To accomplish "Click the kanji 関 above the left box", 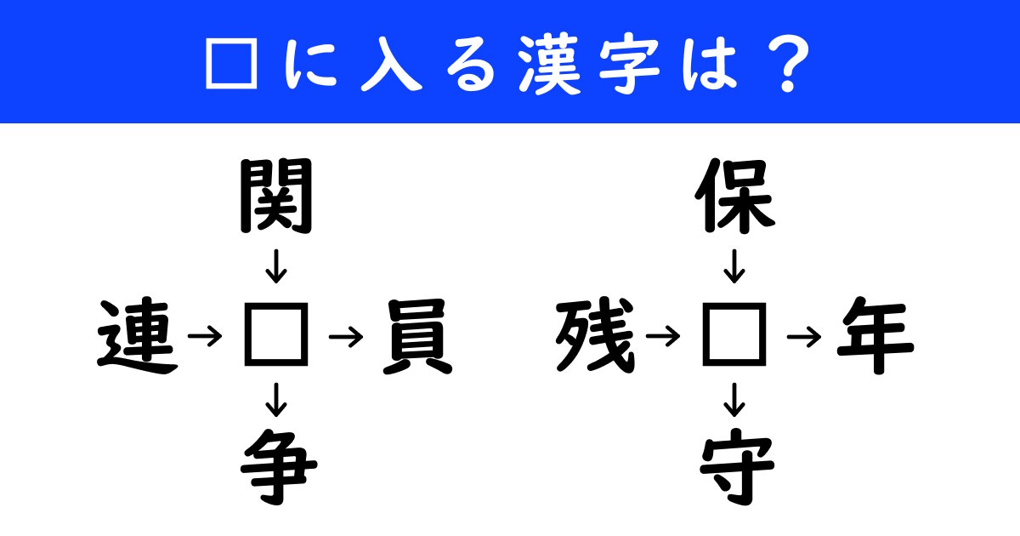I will pyautogui.click(x=276, y=198).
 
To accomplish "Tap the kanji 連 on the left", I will pyautogui.click(x=138, y=338).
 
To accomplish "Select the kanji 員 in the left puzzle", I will pyautogui.click(x=416, y=338).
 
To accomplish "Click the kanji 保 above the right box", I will pyautogui.click(x=734, y=198).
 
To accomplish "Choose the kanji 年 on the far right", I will pyautogui.click(x=875, y=338).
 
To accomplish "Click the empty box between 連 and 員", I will pyautogui.click(x=276, y=338).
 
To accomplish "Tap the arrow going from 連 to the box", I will pyautogui.click(x=205, y=338).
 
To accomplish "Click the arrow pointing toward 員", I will pyautogui.click(x=346, y=338).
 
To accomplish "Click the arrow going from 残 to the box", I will pyautogui.click(x=664, y=338).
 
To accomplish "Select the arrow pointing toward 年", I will pyautogui.click(x=805, y=338).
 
